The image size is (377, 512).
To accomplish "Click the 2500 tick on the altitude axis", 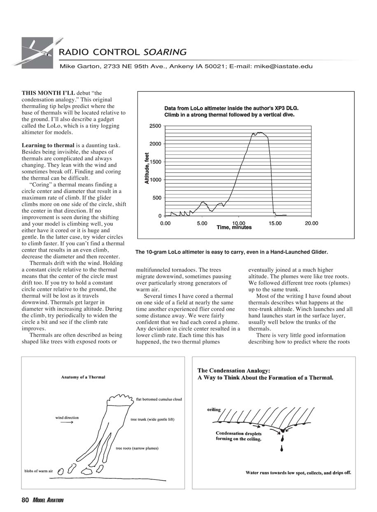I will point(155,126).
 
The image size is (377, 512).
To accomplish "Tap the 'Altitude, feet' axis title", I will point(147,168).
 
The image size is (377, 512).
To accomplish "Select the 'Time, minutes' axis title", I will point(234,227).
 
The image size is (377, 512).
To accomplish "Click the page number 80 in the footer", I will point(25,500).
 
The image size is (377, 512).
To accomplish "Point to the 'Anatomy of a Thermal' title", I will point(83,377).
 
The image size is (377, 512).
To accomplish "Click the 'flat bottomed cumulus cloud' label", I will point(158,399).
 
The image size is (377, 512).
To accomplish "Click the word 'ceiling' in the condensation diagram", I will point(214,410).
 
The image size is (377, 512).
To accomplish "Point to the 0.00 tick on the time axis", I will point(165,223).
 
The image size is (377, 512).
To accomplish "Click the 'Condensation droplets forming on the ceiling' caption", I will point(238,436).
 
